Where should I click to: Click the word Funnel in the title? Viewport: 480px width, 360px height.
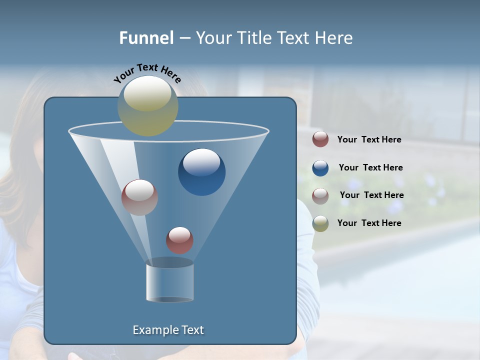[x=146, y=38]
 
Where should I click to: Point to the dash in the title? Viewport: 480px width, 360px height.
[x=184, y=38]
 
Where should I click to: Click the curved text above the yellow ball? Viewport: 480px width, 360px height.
[x=147, y=73]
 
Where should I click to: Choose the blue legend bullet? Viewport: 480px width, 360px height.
[x=320, y=168]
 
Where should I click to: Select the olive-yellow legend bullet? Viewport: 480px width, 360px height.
[x=320, y=223]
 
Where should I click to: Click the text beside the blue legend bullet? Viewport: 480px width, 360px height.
[x=370, y=167]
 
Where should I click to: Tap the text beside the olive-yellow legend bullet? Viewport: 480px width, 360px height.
[x=369, y=223]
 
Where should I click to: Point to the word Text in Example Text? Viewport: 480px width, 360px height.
[x=190, y=330]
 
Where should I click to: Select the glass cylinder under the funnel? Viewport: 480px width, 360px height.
[x=169, y=282]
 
